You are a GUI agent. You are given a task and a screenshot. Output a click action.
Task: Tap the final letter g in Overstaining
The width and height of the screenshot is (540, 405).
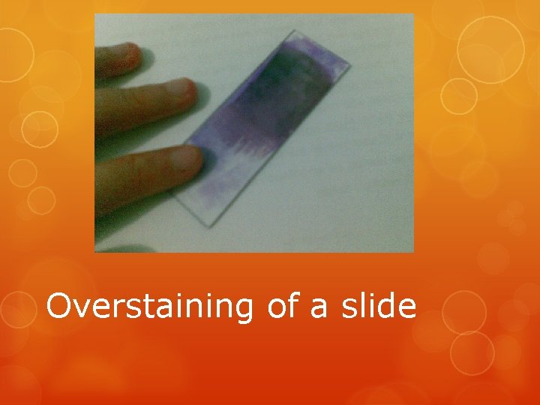[x=244, y=310]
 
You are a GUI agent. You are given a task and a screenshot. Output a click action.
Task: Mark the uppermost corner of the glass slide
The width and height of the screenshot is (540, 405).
[x=292, y=31]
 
